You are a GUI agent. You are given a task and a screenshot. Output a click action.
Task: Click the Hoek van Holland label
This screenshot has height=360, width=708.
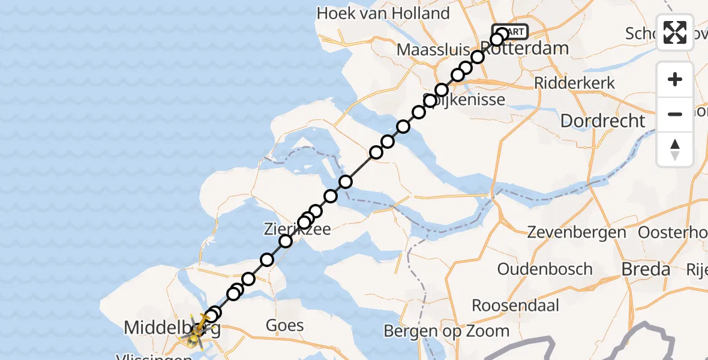[383, 13]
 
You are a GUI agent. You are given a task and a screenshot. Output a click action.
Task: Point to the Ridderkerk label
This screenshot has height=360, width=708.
[574, 83]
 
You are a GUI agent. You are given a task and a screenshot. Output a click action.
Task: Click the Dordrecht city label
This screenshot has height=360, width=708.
[602, 121]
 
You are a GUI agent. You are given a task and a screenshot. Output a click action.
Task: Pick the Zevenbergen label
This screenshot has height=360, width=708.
[576, 232]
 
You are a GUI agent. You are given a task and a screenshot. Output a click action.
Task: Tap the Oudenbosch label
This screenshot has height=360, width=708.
[545, 269]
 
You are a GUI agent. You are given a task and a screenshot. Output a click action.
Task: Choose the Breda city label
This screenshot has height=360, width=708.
[646, 269]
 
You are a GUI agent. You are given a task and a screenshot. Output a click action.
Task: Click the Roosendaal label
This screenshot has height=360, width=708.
[515, 305]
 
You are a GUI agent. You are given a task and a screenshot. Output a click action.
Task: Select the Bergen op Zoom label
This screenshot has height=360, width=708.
[446, 331]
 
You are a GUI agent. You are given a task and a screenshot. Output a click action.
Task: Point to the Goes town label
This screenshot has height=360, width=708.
[284, 326]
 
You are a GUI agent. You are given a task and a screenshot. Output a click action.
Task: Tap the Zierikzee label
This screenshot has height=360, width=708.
[297, 229]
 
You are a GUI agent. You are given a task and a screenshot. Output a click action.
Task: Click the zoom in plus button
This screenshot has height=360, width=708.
[675, 79]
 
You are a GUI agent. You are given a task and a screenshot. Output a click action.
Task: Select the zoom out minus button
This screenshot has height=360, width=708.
[675, 114]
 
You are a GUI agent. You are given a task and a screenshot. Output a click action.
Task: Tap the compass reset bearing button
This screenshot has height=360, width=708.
[675, 149]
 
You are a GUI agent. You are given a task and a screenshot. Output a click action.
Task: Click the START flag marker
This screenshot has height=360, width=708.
[511, 32]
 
